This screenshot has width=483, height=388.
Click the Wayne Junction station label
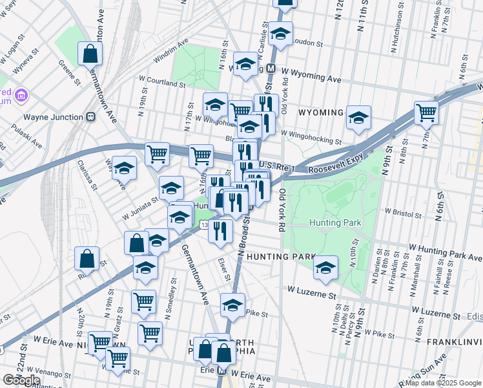53,117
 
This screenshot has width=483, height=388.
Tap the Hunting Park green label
334,222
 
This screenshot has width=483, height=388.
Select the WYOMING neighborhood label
321,113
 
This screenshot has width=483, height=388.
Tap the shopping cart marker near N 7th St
426,113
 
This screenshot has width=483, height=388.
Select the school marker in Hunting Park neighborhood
326,266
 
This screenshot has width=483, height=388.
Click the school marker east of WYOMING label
358,117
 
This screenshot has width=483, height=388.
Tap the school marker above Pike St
232,305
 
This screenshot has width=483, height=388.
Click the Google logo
21,380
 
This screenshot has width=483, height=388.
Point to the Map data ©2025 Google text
442,383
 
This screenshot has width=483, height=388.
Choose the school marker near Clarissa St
124,167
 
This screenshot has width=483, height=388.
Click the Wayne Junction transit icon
91,117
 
